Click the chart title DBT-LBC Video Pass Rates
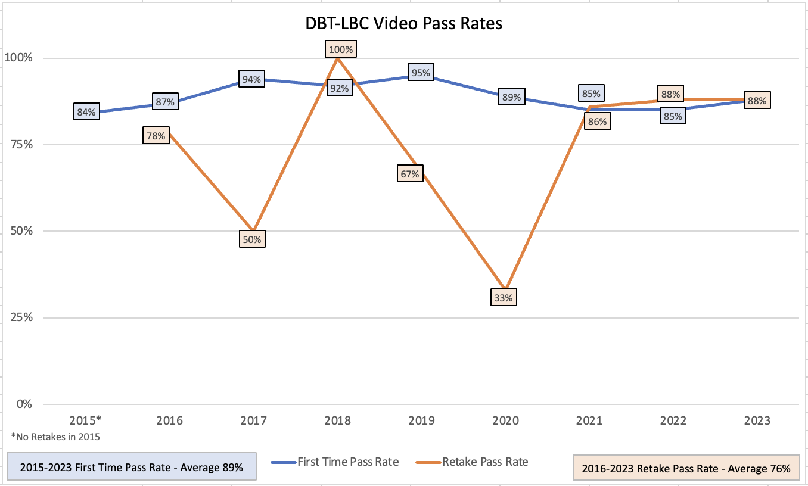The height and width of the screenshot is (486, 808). click(x=403, y=24)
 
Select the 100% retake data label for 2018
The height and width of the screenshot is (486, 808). click(x=341, y=49)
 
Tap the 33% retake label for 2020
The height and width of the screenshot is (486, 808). click(x=504, y=297)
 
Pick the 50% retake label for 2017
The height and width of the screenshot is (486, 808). click(x=252, y=239)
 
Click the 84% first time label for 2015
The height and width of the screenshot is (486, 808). click(x=86, y=111)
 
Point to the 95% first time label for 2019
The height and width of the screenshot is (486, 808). click(x=421, y=73)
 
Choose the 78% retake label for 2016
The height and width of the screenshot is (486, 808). click(x=156, y=136)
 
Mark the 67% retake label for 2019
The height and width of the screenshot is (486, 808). click(x=410, y=173)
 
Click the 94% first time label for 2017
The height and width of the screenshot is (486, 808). click(x=251, y=79)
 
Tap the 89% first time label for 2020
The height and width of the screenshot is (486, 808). click(x=512, y=96)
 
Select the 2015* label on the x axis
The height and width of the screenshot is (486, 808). click(x=86, y=420)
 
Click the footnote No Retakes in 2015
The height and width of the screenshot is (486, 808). click(x=55, y=437)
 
